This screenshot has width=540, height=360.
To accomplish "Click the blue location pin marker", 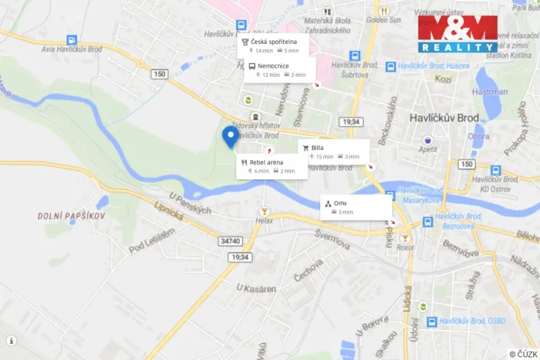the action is click(229, 137).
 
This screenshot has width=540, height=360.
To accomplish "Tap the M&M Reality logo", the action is click(458, 33).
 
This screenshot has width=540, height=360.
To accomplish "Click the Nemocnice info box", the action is click(276, 70).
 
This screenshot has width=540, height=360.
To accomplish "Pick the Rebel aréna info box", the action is click(272, 166).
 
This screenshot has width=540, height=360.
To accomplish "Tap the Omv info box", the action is click(356, 206).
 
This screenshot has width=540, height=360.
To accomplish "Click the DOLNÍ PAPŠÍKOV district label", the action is click(71, 216).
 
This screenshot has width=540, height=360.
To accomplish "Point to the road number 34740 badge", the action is click(231, 241).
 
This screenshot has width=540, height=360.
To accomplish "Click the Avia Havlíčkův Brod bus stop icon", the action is click(72, 39).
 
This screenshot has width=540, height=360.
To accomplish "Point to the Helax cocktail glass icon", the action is click(265, 211).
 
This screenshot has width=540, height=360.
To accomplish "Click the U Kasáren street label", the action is click(256, 288).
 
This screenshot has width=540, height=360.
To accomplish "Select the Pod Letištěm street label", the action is click(152, 238).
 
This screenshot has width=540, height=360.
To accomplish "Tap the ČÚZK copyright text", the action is click(523, 354).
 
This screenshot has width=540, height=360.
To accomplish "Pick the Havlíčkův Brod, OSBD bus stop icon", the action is click(432, 321).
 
